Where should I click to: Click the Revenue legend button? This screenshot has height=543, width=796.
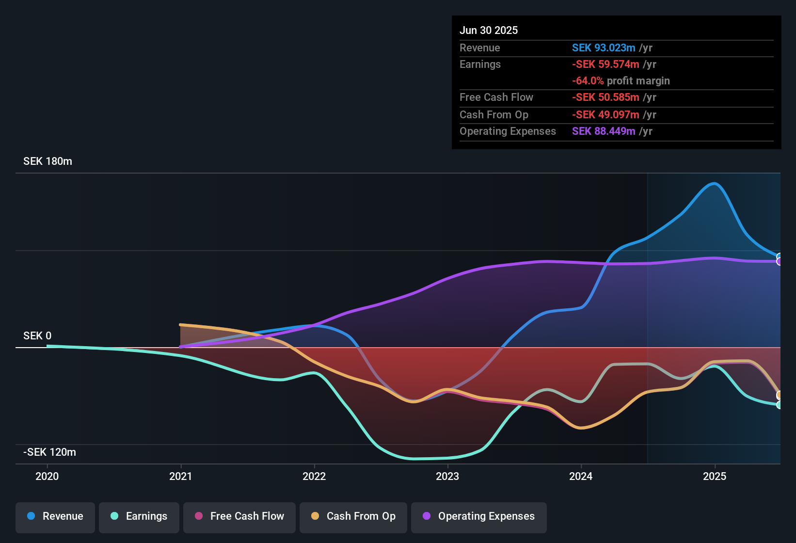[x=55, y=516]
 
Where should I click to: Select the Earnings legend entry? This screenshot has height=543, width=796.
[x=139, y=516]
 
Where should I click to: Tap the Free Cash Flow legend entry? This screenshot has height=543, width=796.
[x=239, y=516]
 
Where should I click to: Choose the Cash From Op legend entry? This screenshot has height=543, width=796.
[x=353, y=516]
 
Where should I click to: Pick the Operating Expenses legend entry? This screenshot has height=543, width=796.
[x=479, y=516]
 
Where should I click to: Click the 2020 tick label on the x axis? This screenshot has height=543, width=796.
[x=47, y=476]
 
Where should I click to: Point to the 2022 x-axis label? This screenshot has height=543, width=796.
[x=314, y=476]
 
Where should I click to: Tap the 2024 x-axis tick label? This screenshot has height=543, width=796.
[x=581, y=476]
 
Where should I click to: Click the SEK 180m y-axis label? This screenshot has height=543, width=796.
[x=48, y=161]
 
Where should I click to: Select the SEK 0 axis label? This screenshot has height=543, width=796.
[x=37, y=336]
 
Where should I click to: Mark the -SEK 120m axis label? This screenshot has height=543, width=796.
[x=49, y=452]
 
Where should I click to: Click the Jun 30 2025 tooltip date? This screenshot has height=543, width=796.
[x=489, y=31]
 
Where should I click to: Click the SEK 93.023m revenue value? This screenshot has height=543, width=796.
[x=604, y=48]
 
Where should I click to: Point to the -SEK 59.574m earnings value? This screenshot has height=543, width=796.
[x=605, y=64]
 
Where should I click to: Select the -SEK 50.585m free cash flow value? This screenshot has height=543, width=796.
[x=605, y=97]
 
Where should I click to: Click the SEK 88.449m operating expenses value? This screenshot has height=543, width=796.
[x=604, y=131]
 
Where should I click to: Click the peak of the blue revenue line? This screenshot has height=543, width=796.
[x=714, y=183]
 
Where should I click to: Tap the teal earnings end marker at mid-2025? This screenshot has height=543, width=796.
[x=780, y=405]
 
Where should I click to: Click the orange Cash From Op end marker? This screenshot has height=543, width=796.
[x=780, y=395]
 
